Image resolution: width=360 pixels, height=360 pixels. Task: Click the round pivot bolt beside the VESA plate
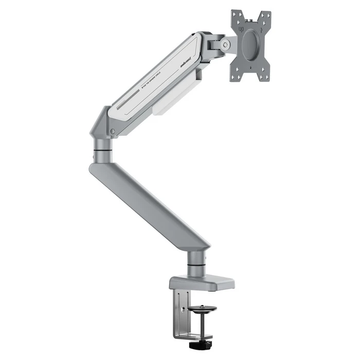tap(225, 45)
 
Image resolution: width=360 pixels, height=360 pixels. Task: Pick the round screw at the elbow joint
tap(113, 133)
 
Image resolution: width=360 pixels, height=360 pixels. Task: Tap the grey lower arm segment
tap(149, 201)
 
